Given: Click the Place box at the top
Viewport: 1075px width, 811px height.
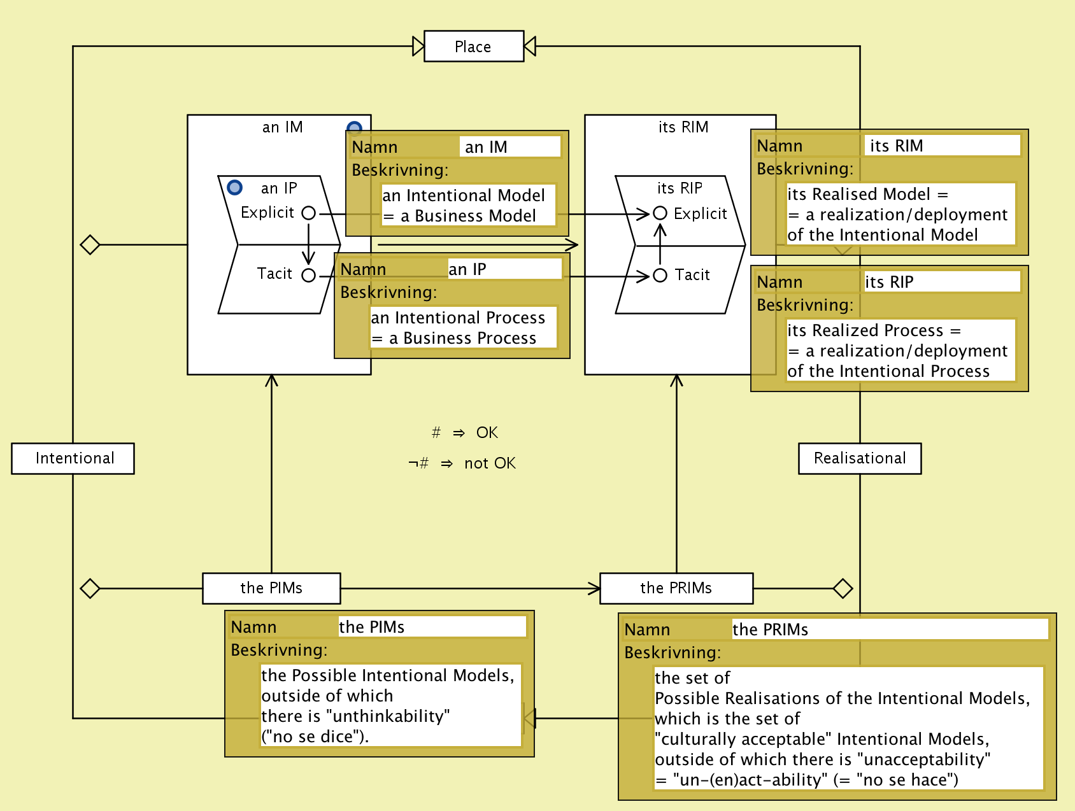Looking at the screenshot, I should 473,46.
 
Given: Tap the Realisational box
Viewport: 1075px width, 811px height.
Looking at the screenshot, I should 859,458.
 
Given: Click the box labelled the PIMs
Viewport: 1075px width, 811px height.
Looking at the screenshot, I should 271,588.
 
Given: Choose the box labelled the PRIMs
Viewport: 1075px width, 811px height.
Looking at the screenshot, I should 676,588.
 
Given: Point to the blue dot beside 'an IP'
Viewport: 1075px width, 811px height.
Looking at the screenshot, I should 235,187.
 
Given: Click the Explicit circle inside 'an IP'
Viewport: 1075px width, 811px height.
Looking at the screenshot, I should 309,213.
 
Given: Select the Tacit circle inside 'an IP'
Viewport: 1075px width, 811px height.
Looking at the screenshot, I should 309,276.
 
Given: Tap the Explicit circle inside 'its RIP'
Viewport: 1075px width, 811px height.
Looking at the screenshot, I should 660,213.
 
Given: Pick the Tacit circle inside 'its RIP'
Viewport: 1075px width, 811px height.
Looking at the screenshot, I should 660,275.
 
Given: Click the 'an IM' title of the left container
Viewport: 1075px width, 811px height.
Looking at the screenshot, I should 282,127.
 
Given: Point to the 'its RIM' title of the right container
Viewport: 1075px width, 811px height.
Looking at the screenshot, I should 683,127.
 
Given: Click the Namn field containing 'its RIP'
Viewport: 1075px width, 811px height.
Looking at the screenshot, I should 941,282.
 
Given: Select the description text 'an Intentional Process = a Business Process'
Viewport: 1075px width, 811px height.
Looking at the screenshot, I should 463,328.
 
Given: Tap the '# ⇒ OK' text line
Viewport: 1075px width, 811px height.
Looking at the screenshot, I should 465,433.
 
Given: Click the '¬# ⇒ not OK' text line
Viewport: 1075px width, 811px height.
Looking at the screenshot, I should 462,463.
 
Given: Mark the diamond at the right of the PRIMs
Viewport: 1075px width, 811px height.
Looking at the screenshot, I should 843,588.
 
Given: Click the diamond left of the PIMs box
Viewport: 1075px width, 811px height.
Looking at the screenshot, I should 90,588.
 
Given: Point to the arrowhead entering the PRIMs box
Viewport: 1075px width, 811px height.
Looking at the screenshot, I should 594,588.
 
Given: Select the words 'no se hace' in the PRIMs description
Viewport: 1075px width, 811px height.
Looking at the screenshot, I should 907,780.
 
